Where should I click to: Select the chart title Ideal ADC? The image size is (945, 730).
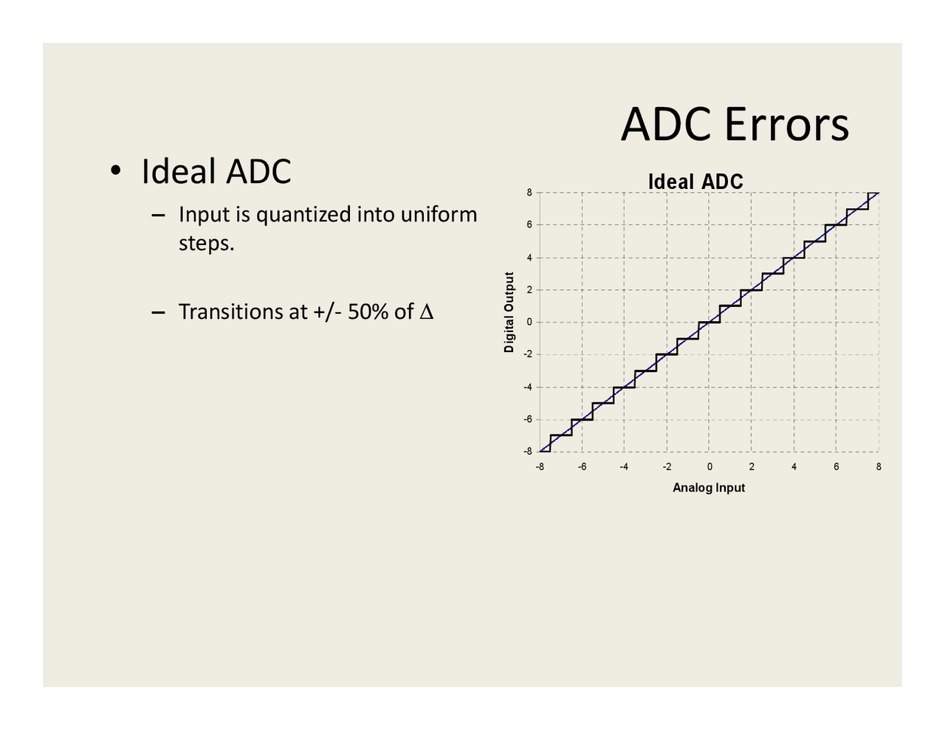click(695, 182)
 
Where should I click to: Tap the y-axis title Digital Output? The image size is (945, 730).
click(509, 312)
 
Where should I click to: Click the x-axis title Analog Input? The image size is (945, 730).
click(709, 488)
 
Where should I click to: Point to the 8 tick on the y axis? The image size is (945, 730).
click(529, 193)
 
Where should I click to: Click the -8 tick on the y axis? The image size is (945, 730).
click(527, 451)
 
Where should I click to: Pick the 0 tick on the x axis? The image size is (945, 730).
click(709, 466)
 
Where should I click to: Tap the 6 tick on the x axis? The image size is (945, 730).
click(836, 466)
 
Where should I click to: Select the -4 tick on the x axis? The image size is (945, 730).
click(624, 466)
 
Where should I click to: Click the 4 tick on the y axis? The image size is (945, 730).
click(529, 258)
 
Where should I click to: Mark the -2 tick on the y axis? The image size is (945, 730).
click(527, 354)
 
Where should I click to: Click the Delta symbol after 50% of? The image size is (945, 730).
click(426, 312)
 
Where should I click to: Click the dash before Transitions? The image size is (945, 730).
click(157, 312)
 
